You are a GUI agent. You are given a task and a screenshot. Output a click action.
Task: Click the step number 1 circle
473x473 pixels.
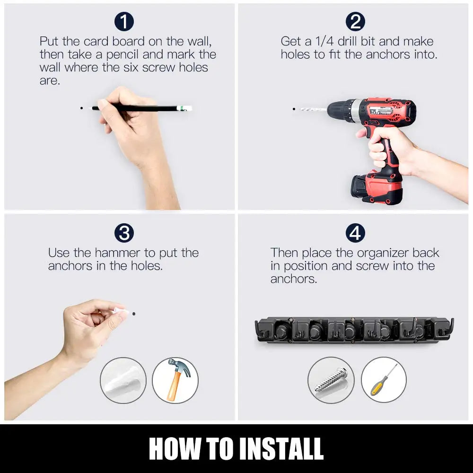coord(124,22)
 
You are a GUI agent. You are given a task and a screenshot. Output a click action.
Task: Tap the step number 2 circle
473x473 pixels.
coord(355,22)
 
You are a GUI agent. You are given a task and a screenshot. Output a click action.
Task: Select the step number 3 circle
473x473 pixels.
coord(124,233)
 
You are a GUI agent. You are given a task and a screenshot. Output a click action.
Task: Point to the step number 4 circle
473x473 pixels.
coord(355,233)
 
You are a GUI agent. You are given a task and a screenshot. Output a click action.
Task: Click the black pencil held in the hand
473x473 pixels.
coord(142,108)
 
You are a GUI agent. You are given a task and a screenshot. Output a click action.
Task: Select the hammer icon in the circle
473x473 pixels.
coord(175,380)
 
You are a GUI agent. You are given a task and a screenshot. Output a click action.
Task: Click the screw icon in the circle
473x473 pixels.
coord(331,380)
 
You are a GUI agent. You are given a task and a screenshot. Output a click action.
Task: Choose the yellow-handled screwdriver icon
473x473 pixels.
coord(384,379)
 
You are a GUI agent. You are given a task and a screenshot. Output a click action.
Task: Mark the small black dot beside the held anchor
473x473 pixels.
coord(134,313)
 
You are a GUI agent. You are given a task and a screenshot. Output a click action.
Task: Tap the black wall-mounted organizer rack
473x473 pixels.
coord(354,330)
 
